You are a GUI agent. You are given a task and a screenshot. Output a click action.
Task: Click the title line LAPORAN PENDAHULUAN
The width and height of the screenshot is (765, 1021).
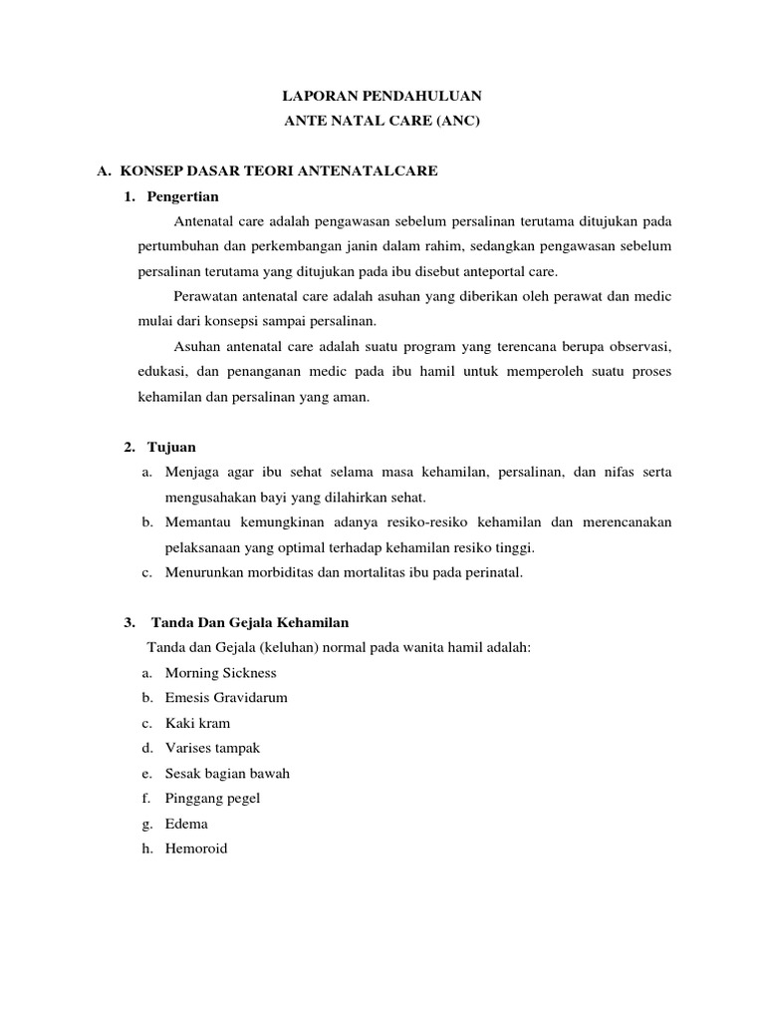[x=382, y=97]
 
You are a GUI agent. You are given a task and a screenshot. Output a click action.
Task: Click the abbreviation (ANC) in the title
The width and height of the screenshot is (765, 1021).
[x=459, y=122]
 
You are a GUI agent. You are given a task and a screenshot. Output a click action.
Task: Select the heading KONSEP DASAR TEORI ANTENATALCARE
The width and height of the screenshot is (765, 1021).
[x=278, y=171]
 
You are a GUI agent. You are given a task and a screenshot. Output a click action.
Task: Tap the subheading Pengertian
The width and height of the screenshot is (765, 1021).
[x=182, y=195]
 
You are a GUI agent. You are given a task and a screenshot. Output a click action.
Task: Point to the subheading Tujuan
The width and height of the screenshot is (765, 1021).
[x=172, y=447]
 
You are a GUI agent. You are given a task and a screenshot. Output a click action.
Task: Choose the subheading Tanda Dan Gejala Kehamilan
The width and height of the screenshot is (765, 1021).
[x=250, y=623]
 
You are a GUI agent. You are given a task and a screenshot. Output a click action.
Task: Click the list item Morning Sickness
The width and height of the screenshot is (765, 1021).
[x=220, y=673]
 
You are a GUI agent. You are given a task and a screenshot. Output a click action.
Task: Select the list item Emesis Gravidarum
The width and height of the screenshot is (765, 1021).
[x=226, y=698]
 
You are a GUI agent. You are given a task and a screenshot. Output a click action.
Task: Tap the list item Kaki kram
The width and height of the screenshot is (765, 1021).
[x=197, y=723]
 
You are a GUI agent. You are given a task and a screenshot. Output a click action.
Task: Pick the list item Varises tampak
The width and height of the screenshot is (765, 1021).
[x=212, y=748]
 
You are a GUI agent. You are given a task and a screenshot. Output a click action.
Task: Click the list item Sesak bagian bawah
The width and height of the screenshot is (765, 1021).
[x=227, y=774]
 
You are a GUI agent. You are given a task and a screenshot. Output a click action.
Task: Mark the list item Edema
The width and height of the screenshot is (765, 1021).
[x=186, y=825]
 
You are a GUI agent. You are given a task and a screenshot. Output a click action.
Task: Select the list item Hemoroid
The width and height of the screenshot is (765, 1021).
[x=196, y=850]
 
